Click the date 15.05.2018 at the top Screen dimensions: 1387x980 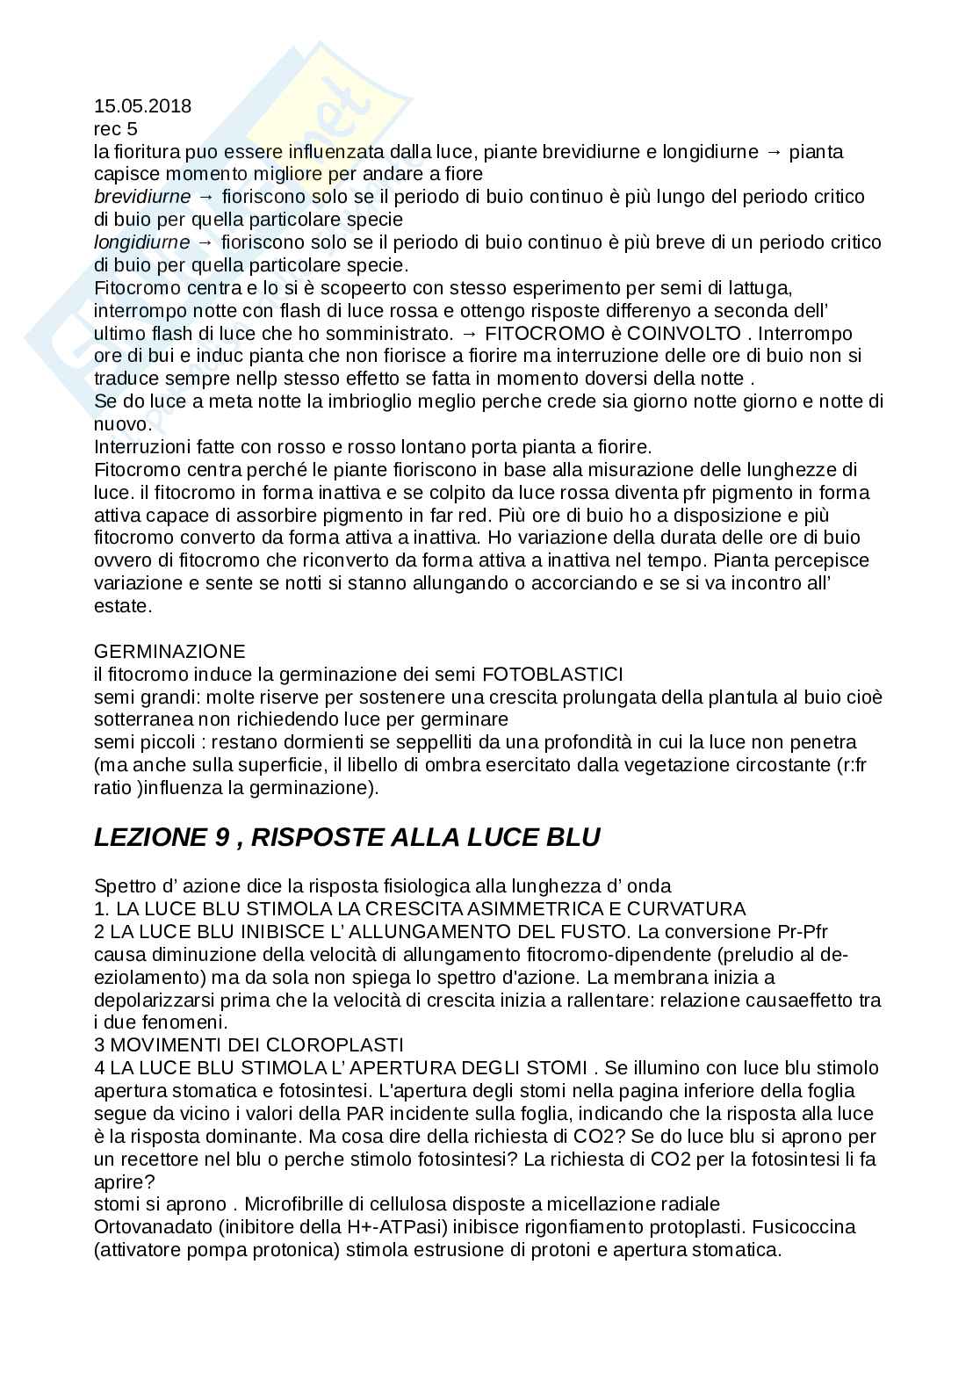(142, 106)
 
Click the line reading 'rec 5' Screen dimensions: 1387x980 (115, 129)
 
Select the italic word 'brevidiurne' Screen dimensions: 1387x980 (142, 196)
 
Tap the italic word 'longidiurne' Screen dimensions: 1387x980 (142, 242)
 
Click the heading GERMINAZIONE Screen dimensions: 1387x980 (169, 651)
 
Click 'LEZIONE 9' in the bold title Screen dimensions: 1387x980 (162, 837)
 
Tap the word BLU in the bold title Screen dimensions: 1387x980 (572, 837)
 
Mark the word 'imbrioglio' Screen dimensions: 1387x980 (320, 401)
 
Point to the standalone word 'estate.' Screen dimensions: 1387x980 (123, 605)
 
